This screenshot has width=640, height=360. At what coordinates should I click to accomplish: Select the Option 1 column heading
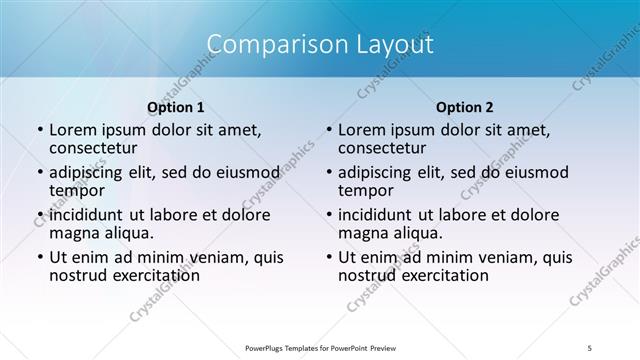[x=176, y=107]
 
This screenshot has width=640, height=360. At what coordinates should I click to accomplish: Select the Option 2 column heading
[x=465, y=107]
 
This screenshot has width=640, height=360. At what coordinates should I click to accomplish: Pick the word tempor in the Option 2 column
[x=365, y=190]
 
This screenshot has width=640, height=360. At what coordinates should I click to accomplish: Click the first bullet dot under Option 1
[x=39, y=130]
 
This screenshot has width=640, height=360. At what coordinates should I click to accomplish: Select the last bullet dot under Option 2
[x=328, y=257]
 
